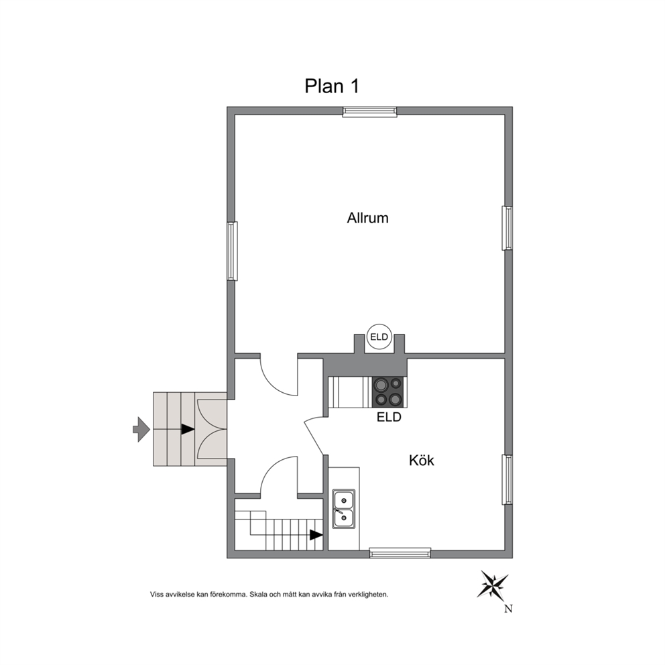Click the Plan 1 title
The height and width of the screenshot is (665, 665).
(x=332, y=86)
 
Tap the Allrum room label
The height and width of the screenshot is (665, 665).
(x=368, y=218)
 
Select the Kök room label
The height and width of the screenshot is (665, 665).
(x=422, y=460)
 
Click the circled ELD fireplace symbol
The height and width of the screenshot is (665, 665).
(x=379, y=337)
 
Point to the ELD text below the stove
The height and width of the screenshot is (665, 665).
(x=389, y=418)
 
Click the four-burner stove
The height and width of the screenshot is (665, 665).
(x=389, y=392)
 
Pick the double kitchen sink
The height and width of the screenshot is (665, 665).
(x=344, y=509)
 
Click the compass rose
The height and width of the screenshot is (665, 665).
(x=493, y=586)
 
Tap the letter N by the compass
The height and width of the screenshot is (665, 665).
(x=509, y=609)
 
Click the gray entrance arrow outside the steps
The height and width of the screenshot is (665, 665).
(x=141, y=429)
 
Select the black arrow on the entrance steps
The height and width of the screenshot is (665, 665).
(x=188, y=429)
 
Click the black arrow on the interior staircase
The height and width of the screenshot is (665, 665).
(x=316, y=535)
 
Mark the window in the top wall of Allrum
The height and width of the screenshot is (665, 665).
(x=370, y=111)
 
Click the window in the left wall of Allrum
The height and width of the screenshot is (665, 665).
(x=232, y=251)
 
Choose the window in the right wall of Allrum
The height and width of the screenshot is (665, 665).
(x=507, y=228)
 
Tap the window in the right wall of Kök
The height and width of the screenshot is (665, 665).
(x=507, y=480)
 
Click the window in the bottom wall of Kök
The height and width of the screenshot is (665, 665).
(x=400, y=552)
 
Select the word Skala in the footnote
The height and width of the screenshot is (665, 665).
(x=258, y=595)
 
